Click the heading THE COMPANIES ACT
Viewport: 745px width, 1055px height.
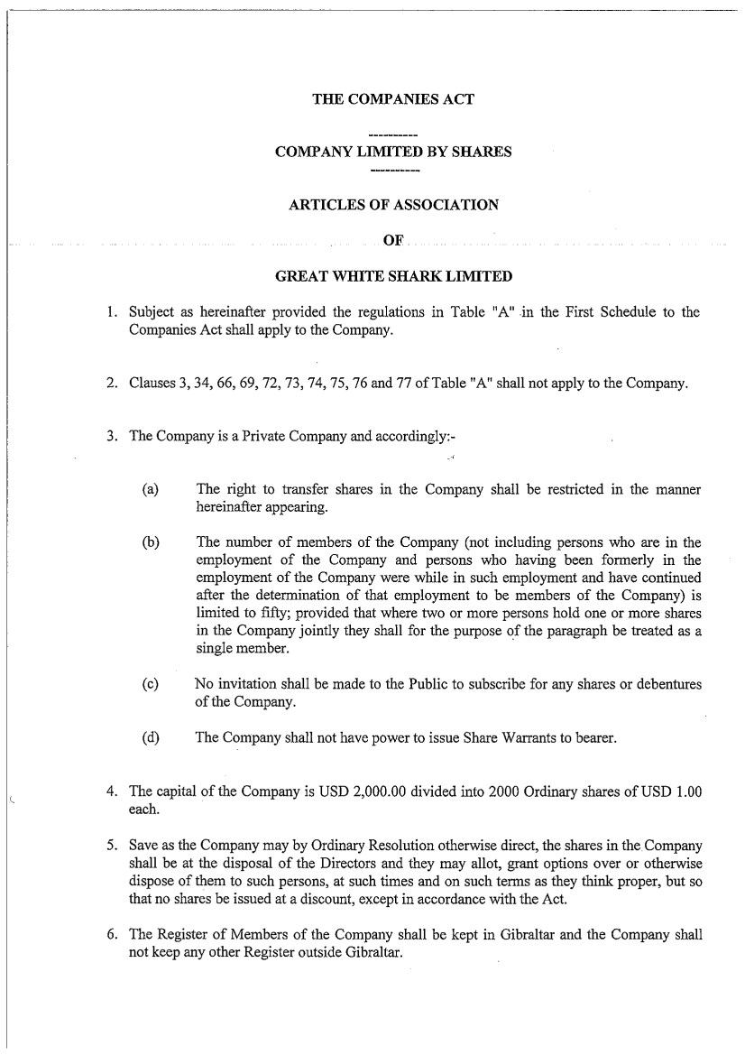[392, 99]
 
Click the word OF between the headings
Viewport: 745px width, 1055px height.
[392, 240]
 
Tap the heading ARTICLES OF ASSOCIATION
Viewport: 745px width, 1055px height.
[392, 205]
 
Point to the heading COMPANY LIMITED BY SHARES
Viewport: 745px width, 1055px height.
[392, 152]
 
